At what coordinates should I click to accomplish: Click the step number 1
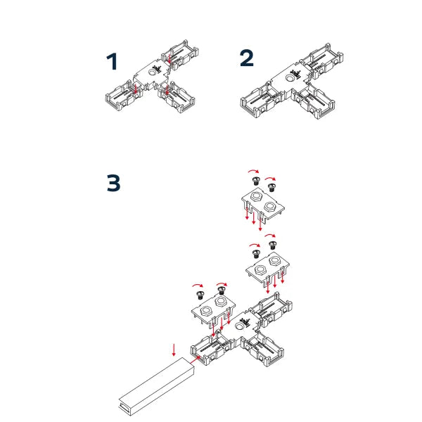coord(112,62)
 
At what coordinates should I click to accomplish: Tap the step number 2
coord(246,58)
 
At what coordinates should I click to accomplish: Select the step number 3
coord(113,183)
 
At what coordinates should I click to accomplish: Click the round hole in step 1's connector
coord(153,71)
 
